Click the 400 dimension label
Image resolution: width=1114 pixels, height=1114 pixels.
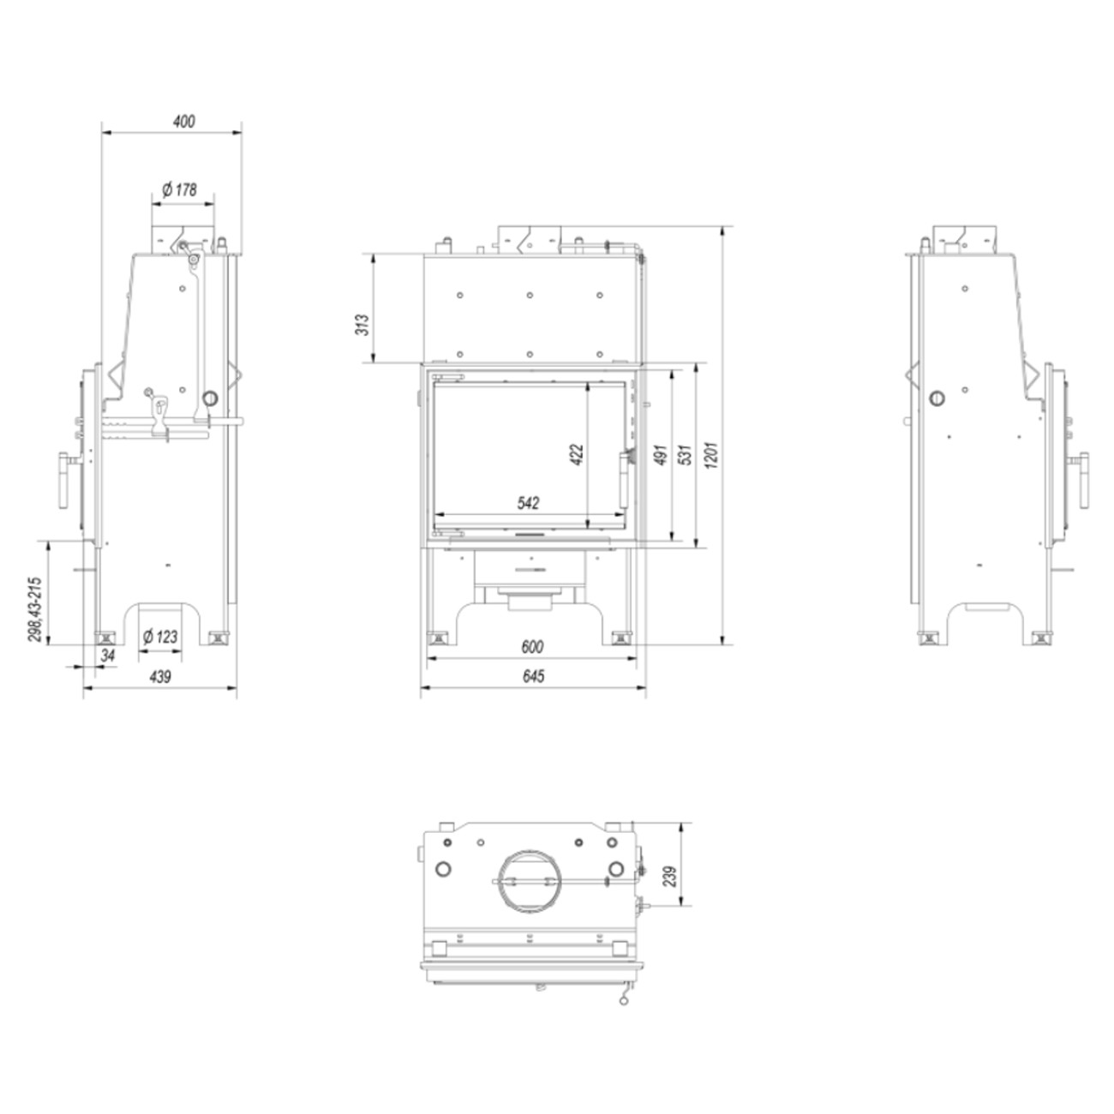tap(183, 122)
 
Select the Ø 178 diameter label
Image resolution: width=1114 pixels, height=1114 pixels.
tap(179, 189)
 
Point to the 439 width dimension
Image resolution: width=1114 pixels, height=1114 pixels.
tap(160, 677)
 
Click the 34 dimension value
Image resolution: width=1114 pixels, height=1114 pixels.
tap(108, 656)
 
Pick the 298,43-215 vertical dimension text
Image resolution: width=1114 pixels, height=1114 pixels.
tap(35, 609)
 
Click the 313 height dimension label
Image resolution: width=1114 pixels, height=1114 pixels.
tap(363, 324)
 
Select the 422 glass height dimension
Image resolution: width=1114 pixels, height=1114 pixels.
tap(576, 454)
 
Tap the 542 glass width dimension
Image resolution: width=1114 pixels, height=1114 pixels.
tap(529, 504)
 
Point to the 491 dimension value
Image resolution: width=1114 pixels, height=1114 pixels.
tap(660, 454)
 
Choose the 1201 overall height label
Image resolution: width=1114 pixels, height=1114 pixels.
tap(711, 454)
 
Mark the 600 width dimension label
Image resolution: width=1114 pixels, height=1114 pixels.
tap(531, 647)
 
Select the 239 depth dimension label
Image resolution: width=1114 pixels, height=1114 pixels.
tap(670, 876)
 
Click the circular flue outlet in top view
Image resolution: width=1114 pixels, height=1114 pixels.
tap(525, 880)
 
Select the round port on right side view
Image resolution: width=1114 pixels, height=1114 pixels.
tap(938, 398)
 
